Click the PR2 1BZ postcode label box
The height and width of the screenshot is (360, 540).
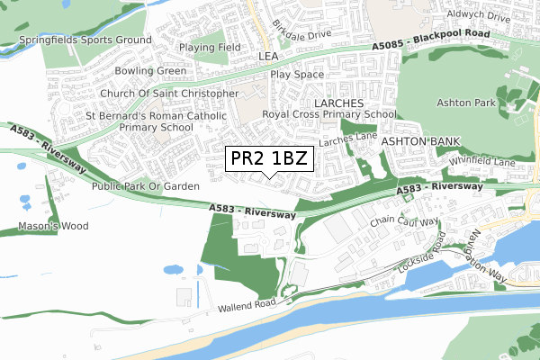(x=269, y=159)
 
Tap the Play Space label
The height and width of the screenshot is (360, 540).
(x=296, y=76)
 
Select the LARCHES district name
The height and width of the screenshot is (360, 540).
(x=337, y=103)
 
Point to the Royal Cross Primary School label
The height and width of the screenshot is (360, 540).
(x=328, y=115)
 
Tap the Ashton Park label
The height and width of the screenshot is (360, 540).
(x=466, y=103)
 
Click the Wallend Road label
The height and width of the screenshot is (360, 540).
(x=244, y=308)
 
